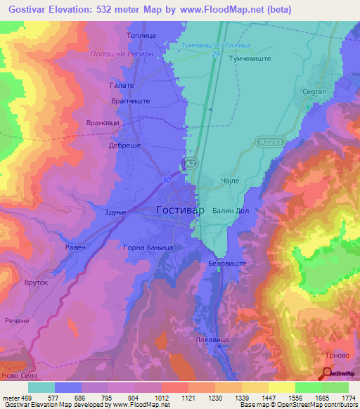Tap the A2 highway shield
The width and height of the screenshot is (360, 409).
189,164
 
